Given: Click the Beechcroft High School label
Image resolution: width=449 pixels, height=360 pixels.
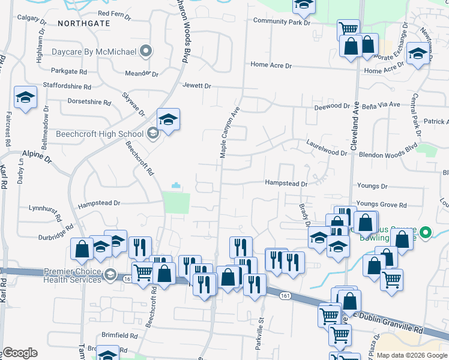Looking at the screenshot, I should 100,134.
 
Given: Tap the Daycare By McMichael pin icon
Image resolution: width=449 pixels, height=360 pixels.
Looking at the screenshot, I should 145,52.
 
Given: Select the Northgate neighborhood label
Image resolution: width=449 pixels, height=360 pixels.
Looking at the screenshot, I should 84,23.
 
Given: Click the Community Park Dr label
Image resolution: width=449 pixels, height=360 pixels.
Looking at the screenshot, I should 282,21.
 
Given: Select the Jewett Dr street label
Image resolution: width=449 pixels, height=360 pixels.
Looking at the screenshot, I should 197,86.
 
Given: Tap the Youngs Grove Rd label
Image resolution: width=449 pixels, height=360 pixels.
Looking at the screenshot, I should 381,205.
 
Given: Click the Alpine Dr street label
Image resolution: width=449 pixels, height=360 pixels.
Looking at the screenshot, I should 37,157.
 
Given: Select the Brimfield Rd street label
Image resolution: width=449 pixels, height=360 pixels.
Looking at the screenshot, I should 121,336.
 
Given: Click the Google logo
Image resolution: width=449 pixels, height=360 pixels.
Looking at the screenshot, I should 20,353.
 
